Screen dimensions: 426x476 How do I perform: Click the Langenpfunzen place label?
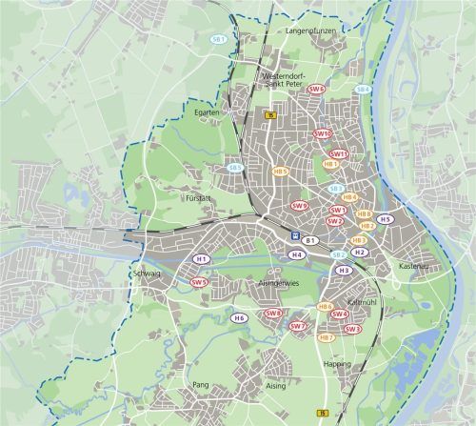coord(311,31)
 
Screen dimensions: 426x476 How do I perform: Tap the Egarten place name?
coord(208,112)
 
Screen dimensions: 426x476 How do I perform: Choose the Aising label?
coord(275,387)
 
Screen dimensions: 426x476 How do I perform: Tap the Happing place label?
coord(338,364)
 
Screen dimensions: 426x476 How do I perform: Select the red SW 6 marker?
coord(317,90)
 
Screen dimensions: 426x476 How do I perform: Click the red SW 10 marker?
coord(322,134)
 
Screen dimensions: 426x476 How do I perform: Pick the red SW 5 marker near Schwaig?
coord(199,282)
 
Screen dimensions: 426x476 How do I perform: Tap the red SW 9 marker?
coord(301,205)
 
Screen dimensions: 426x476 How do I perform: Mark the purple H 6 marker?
coord(240,317)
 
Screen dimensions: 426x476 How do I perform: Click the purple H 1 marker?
coord(201,259)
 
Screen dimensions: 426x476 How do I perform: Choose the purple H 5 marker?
coord(385,219)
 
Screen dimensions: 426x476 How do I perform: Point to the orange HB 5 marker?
coord(280,172)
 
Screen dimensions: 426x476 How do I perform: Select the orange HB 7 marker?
coord(326,337)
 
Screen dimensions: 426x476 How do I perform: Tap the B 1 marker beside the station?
coord(310,240)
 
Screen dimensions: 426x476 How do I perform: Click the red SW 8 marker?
coord(274,313)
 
